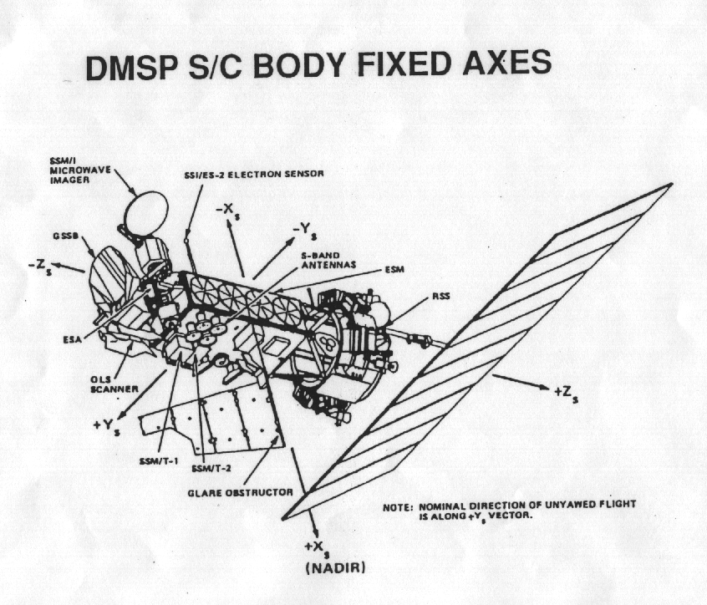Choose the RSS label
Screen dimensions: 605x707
tap(440, 296)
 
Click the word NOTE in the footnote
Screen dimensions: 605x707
tap(394, 507)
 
